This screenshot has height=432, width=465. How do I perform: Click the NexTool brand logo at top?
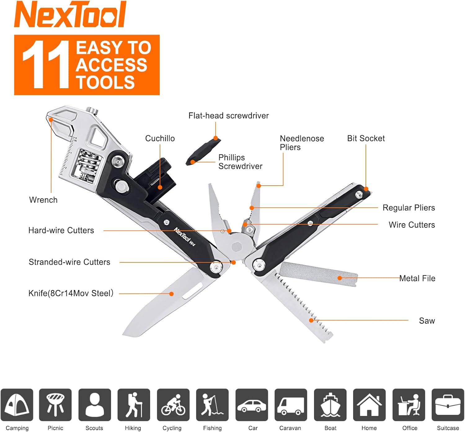point(70,14)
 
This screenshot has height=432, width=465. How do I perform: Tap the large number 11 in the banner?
point(46,65)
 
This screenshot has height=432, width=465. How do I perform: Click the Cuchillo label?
point(160,138)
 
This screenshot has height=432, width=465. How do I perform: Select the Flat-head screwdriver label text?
point(228,116)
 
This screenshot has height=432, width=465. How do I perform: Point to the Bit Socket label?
point(366,138)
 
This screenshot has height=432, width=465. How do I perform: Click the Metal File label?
point(417,279)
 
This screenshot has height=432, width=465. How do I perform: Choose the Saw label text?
point(427,321)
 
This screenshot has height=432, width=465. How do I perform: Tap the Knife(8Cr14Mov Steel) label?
point(71,293)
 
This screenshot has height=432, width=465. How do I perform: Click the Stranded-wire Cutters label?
point(69,262)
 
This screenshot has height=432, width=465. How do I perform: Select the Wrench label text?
point(43,200)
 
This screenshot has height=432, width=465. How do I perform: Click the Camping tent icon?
point(17,405)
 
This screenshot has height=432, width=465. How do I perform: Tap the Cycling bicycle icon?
point(173,405)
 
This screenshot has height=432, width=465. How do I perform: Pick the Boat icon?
point(330,405)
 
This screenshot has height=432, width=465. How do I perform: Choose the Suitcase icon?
point(448,405)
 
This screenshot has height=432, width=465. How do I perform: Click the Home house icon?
point(369,405)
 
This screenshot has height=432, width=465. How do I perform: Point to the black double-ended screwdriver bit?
point(203,152)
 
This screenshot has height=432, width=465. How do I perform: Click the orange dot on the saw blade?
point(311,320)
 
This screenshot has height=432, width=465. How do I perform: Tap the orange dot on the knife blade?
point(171,294)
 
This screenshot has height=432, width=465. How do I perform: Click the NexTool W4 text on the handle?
point(185,237)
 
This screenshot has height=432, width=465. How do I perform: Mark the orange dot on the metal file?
point(340,278)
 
